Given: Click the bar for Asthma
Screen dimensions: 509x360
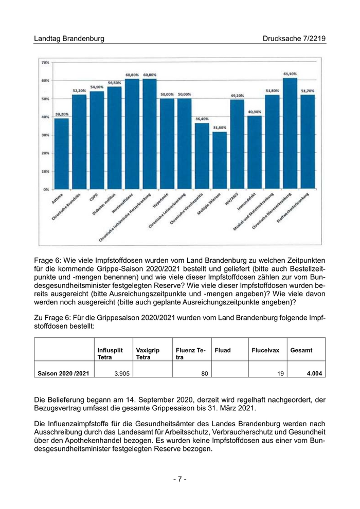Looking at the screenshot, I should click(61, 153).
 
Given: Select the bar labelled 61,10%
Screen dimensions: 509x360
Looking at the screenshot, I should click(290, 134).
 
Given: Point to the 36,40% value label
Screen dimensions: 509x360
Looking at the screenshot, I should click(202, 119).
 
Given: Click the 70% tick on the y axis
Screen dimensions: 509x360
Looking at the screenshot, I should click(45, 62).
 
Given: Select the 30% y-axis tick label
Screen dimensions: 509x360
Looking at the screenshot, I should click(45, 135).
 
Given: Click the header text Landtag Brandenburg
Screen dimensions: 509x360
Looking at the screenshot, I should click(69, 39).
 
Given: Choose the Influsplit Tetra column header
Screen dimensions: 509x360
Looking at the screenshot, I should click(110, 353).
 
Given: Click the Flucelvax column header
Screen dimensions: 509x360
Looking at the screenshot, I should click(265, 350).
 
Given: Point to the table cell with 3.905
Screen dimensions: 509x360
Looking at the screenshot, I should click(121, 374).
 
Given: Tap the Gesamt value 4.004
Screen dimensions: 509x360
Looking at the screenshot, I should click(314, 374).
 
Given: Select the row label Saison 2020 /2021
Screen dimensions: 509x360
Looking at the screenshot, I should click(63, 374).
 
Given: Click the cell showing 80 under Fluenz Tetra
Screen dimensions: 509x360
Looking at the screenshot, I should click(204, 374).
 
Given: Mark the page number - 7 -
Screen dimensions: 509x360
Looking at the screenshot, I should click(179, 479).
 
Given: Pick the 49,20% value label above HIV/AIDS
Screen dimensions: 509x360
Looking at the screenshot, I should click(237, 96).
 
